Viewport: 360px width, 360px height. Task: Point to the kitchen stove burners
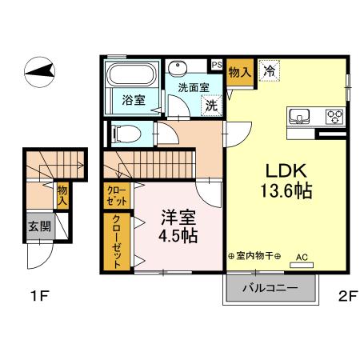pos(333,116)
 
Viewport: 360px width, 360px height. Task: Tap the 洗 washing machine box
pos(211,103)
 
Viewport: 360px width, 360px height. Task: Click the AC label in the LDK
pos(302,256)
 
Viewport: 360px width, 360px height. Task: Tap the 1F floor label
pos(40,297)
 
